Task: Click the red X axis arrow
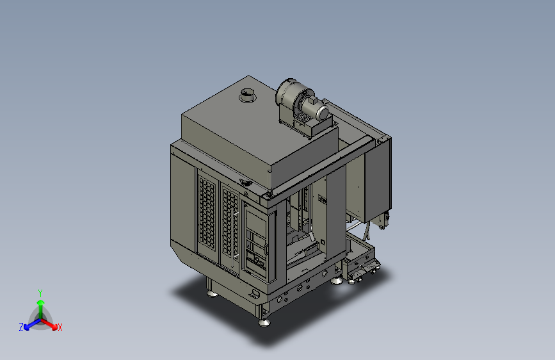point(52,323)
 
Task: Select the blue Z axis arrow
point(29,323)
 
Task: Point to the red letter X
point(60,328)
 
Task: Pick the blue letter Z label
point(21,327)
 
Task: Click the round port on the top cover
point(247,95)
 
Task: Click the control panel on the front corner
point(256,243)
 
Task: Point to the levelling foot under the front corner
point(264,321)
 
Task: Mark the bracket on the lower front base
point(256,294)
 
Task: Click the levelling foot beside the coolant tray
point(337,279)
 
